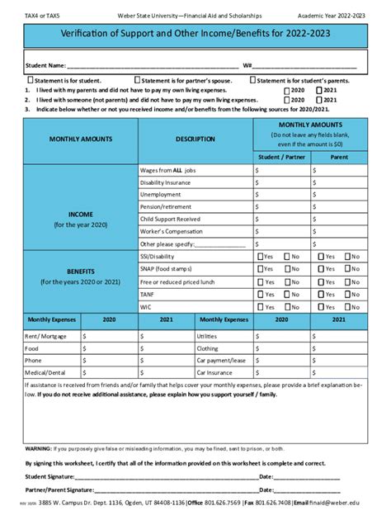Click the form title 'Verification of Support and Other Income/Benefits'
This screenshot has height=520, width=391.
[195, 35]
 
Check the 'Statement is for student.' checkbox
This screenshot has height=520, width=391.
[31, 80]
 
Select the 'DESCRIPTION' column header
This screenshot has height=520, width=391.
[195, 139]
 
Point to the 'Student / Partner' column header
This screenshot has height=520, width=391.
[280, 156]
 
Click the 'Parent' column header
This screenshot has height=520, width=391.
[339, 156]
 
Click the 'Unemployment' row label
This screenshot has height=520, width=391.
[160, 194]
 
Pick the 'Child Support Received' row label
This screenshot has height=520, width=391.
[170, 219]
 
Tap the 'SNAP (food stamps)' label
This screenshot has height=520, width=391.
[167, 269]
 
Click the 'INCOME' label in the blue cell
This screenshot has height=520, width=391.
[81, 213]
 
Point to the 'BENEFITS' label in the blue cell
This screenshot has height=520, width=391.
[81, 271]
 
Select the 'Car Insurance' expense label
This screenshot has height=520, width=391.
[214, 372]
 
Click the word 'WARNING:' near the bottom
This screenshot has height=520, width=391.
[39, 448]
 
